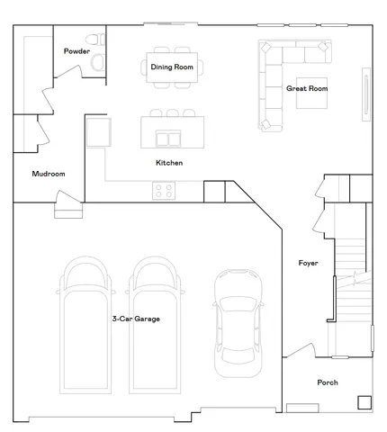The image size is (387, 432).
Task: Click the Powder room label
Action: coord(76,51)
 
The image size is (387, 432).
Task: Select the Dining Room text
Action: coord(172,67)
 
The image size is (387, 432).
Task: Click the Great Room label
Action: coord(306,88)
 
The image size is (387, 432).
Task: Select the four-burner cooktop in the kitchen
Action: coord(164,190)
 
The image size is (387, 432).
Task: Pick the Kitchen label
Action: coord(169,163)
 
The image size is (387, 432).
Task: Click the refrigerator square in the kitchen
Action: coord(97,132)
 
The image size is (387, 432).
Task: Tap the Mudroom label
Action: coord(48,174)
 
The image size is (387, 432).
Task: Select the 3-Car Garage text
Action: coord(136,319)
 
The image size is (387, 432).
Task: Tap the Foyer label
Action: coord(309,263)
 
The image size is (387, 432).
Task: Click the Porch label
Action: coord(328,382)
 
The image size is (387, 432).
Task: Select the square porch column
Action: coord(364,402)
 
